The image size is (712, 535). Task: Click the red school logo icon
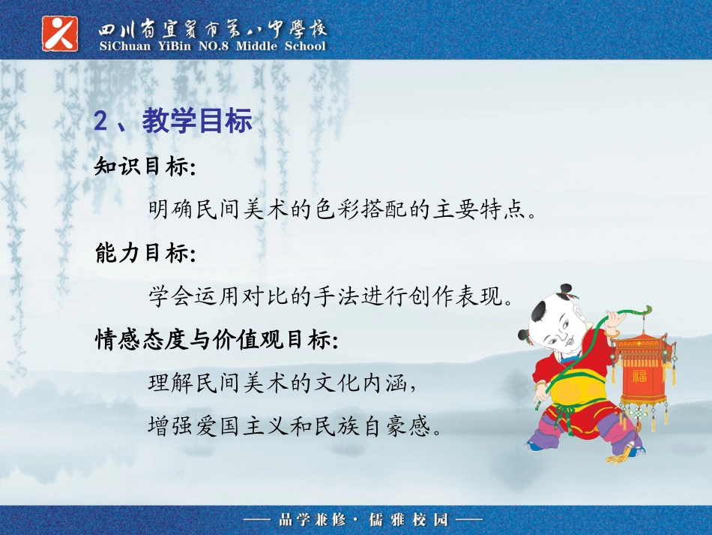tap(60, 32)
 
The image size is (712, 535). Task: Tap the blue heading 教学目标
tap(197, 122)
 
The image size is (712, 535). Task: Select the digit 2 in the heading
tap(101, 122)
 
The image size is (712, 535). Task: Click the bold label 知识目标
tap(143, 167)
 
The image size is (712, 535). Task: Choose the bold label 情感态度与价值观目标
tap(215, 341)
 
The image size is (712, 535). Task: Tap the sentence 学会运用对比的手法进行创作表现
tap(331, 297)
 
